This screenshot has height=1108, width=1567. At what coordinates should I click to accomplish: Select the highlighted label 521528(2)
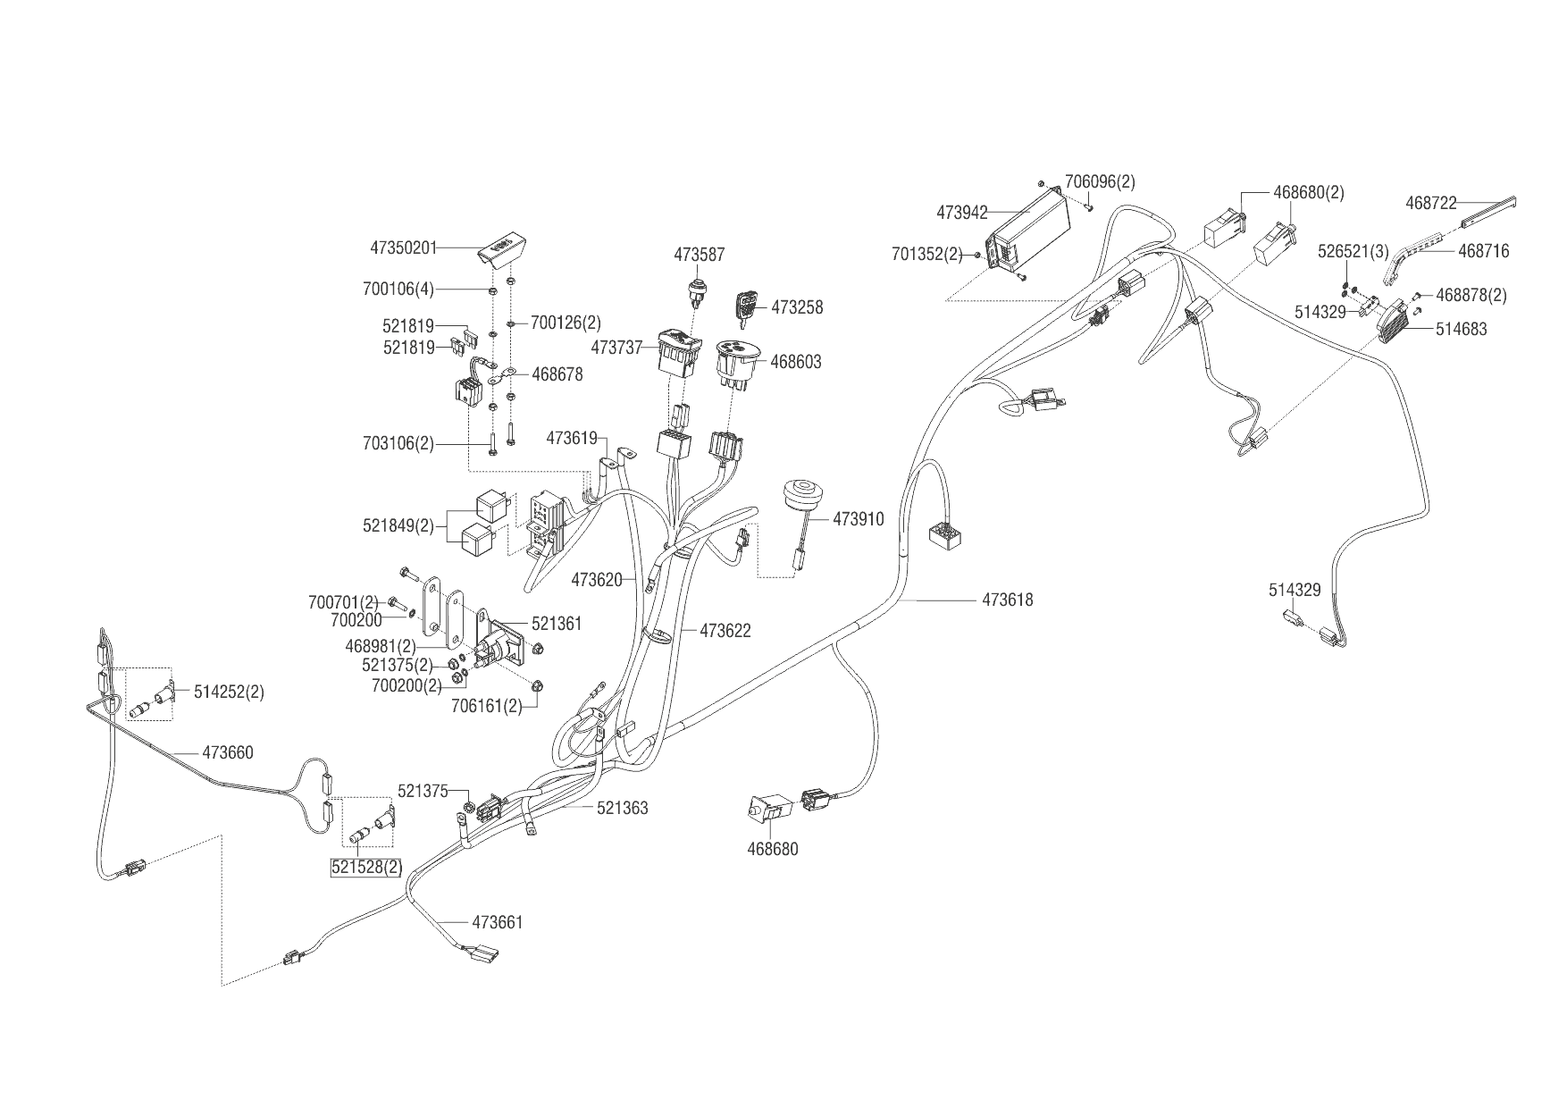point(366,867)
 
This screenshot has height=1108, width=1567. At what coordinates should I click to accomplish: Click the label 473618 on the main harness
point(1007,600)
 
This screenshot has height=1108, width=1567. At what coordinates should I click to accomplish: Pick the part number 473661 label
point(497,922)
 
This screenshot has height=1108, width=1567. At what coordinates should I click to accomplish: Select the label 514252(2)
point(229,692)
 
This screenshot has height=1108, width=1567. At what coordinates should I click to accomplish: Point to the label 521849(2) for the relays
point(398,525)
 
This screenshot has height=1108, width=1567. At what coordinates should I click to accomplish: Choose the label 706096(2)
point(1100,181)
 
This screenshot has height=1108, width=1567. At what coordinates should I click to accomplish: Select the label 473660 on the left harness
point(227,752)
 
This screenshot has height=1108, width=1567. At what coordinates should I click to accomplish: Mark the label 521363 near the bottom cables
point(622,808)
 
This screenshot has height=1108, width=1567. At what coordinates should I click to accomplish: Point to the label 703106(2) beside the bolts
point(398,442)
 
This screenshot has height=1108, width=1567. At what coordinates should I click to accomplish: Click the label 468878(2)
point(1471,295)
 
